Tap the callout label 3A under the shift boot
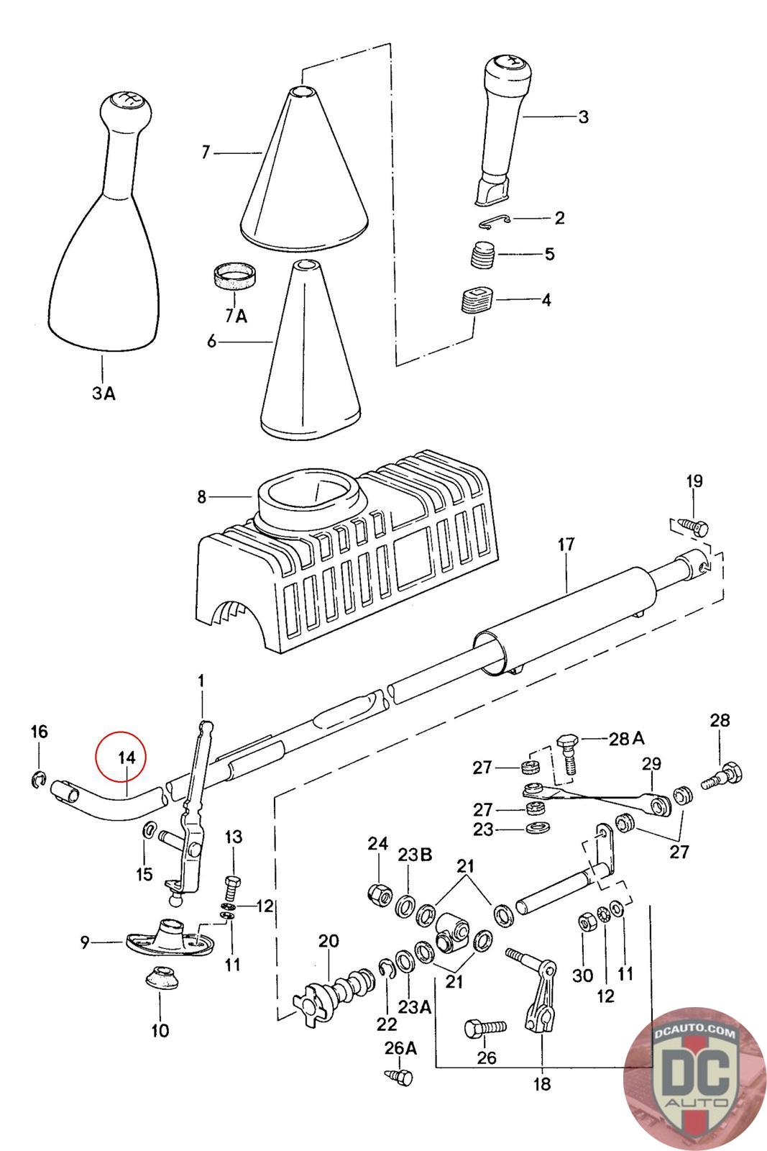pyautogui.click(x=102, y=393)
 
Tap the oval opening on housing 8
pyautogui.click(x=309, y=497)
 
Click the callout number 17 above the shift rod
pyautogui.click(x=566, y=545)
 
